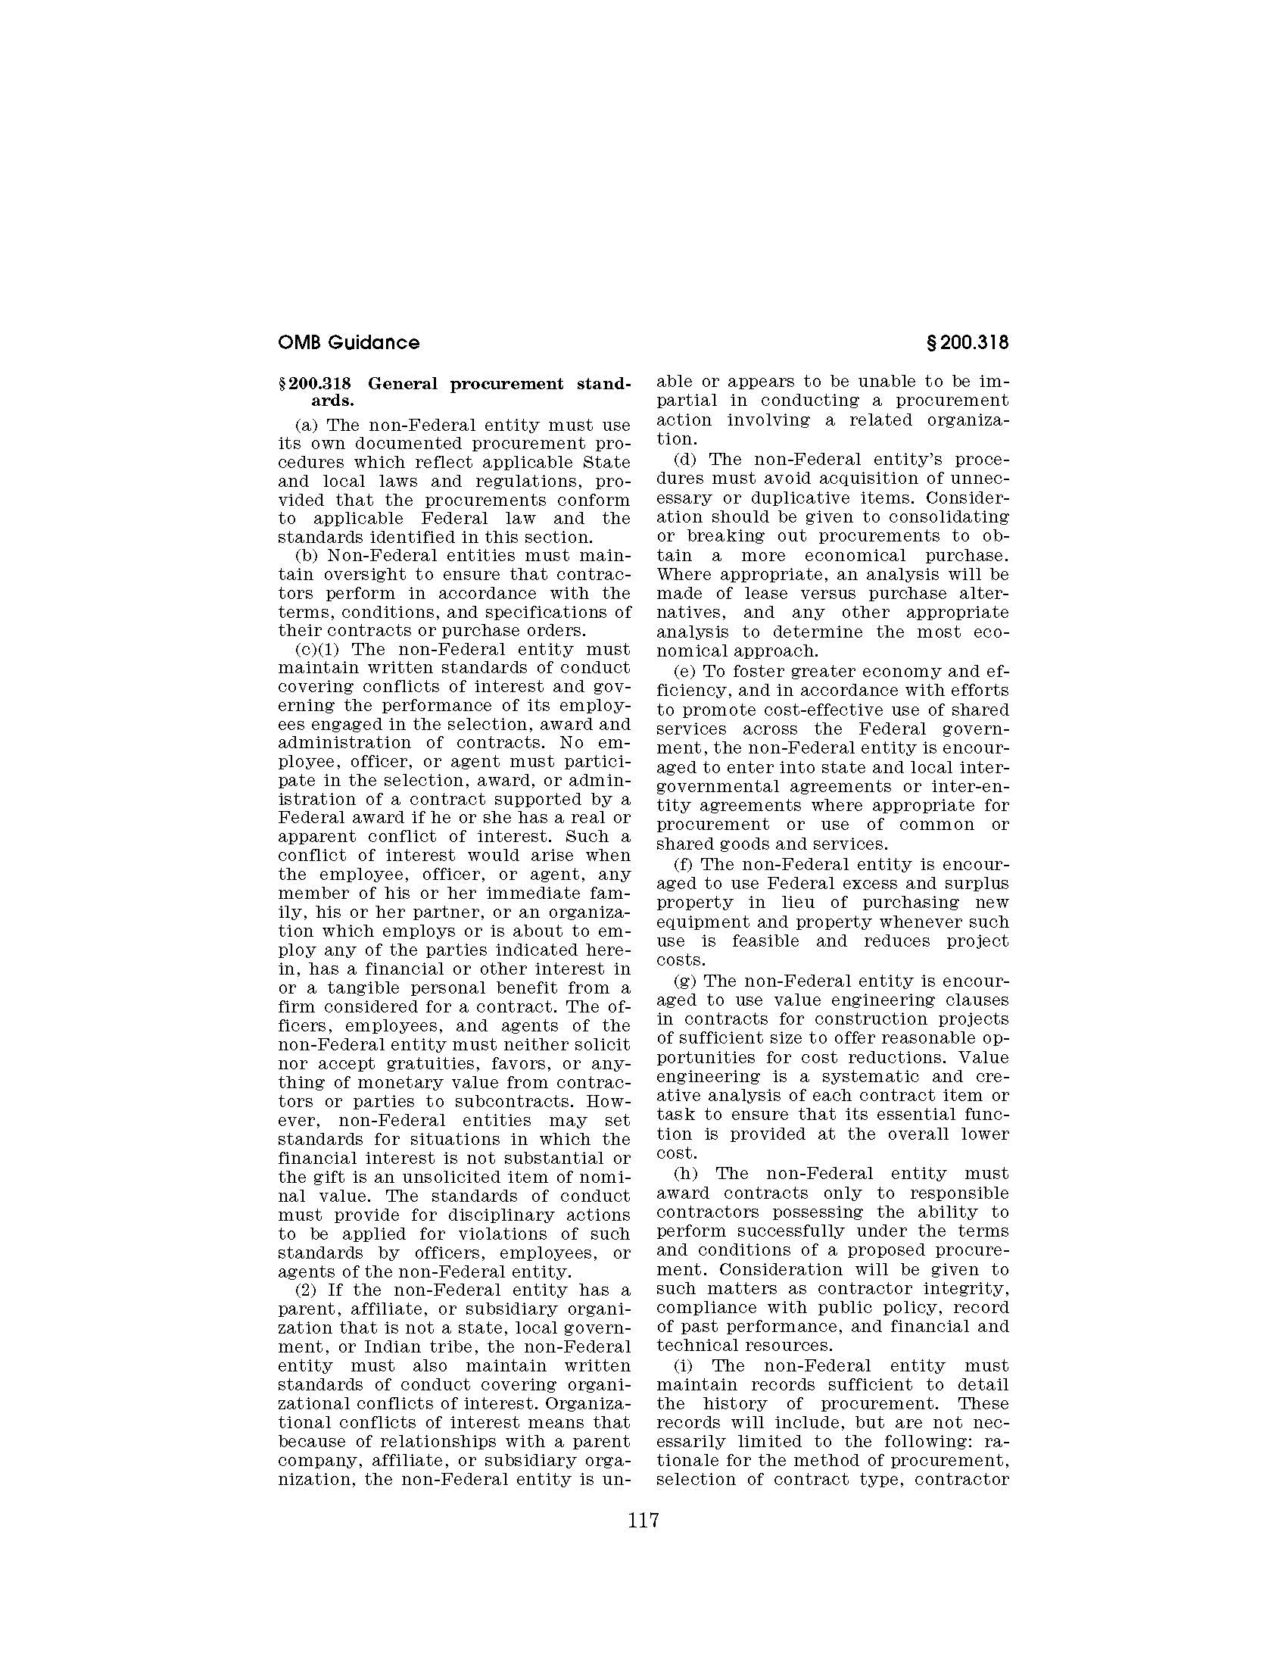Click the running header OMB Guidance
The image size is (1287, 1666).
click(x=348, y=342)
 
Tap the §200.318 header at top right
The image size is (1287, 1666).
click(x=966, y=342)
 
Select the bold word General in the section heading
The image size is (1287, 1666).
click(x=407, y=384)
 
